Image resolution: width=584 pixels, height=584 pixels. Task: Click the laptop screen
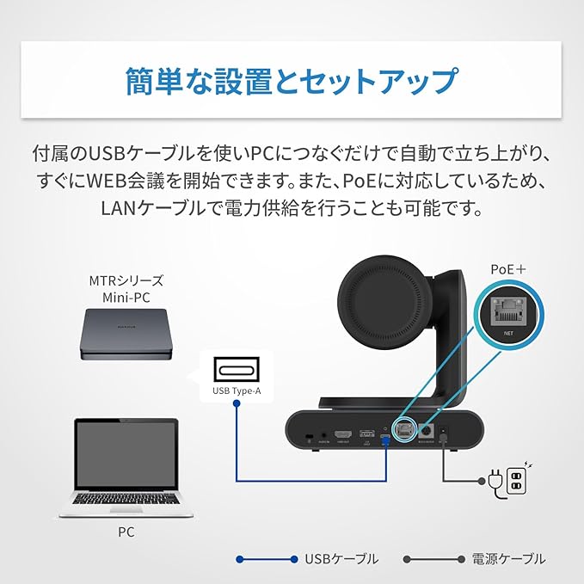[x=127, y=454]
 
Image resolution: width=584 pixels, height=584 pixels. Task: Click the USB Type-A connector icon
[x=233, y=373]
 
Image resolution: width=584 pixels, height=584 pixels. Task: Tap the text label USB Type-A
[x=233, y=394]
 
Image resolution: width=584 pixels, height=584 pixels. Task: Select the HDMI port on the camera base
[x=343, y=434]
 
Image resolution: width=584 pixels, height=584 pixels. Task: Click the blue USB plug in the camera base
[x=385, y=440]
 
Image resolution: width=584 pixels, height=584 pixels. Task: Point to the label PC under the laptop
[x=126, y=532]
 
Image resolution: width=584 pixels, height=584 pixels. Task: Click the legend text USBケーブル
[x=341, y=559]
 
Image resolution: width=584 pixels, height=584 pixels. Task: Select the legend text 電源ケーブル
[x=508, y=559]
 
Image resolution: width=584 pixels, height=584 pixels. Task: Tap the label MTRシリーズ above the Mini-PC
[x=126, y=280]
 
